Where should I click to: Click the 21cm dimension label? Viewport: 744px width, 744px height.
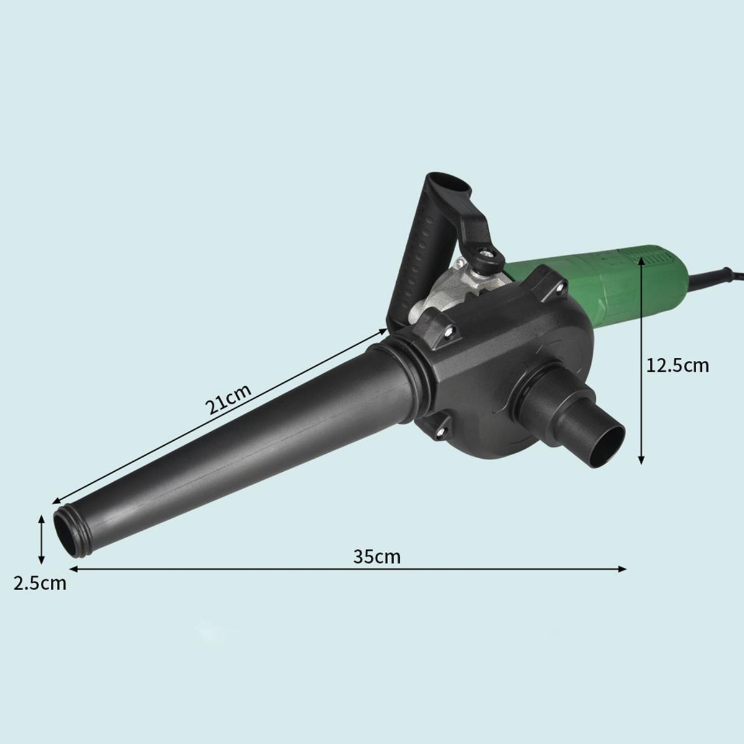coord(228,399)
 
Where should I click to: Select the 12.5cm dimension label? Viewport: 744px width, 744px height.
coord(678,366)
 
